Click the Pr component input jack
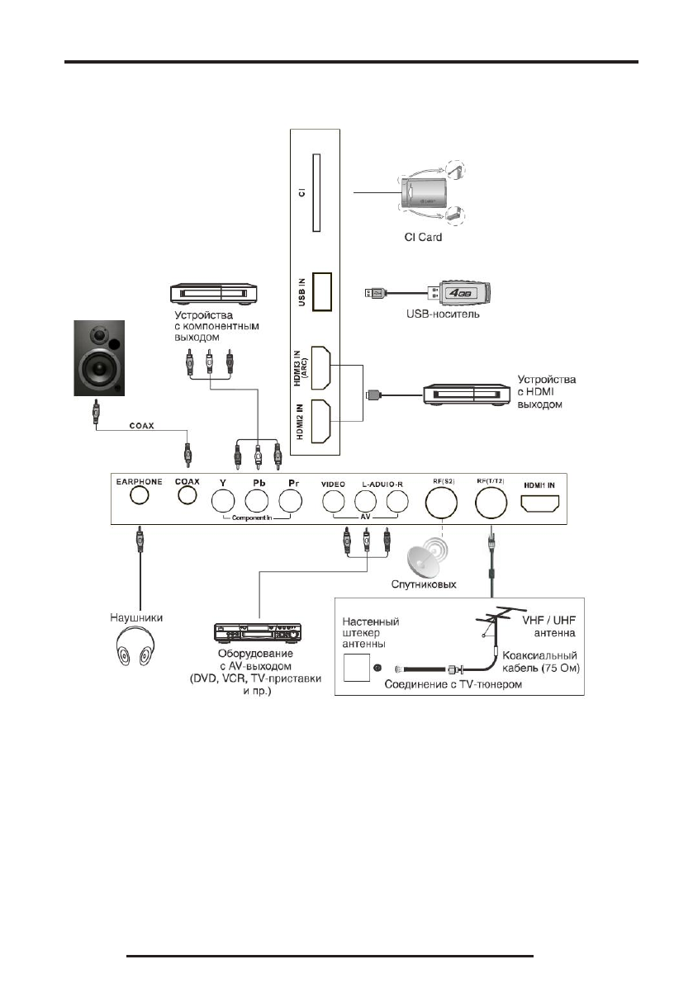pos(290,501)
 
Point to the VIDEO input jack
pos(333,501)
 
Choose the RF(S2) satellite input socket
pos(442,500)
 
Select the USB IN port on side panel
pos(323,292)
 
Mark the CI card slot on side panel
pos(313,193)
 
